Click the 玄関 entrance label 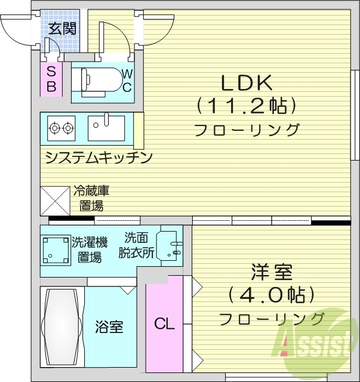(62, 28)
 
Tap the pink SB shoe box (51, 79)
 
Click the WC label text (127, 80)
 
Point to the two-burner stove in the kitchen (61, 127)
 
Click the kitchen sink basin (106, 127)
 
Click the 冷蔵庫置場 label (91, 199)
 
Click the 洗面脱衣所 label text (139, 245)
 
